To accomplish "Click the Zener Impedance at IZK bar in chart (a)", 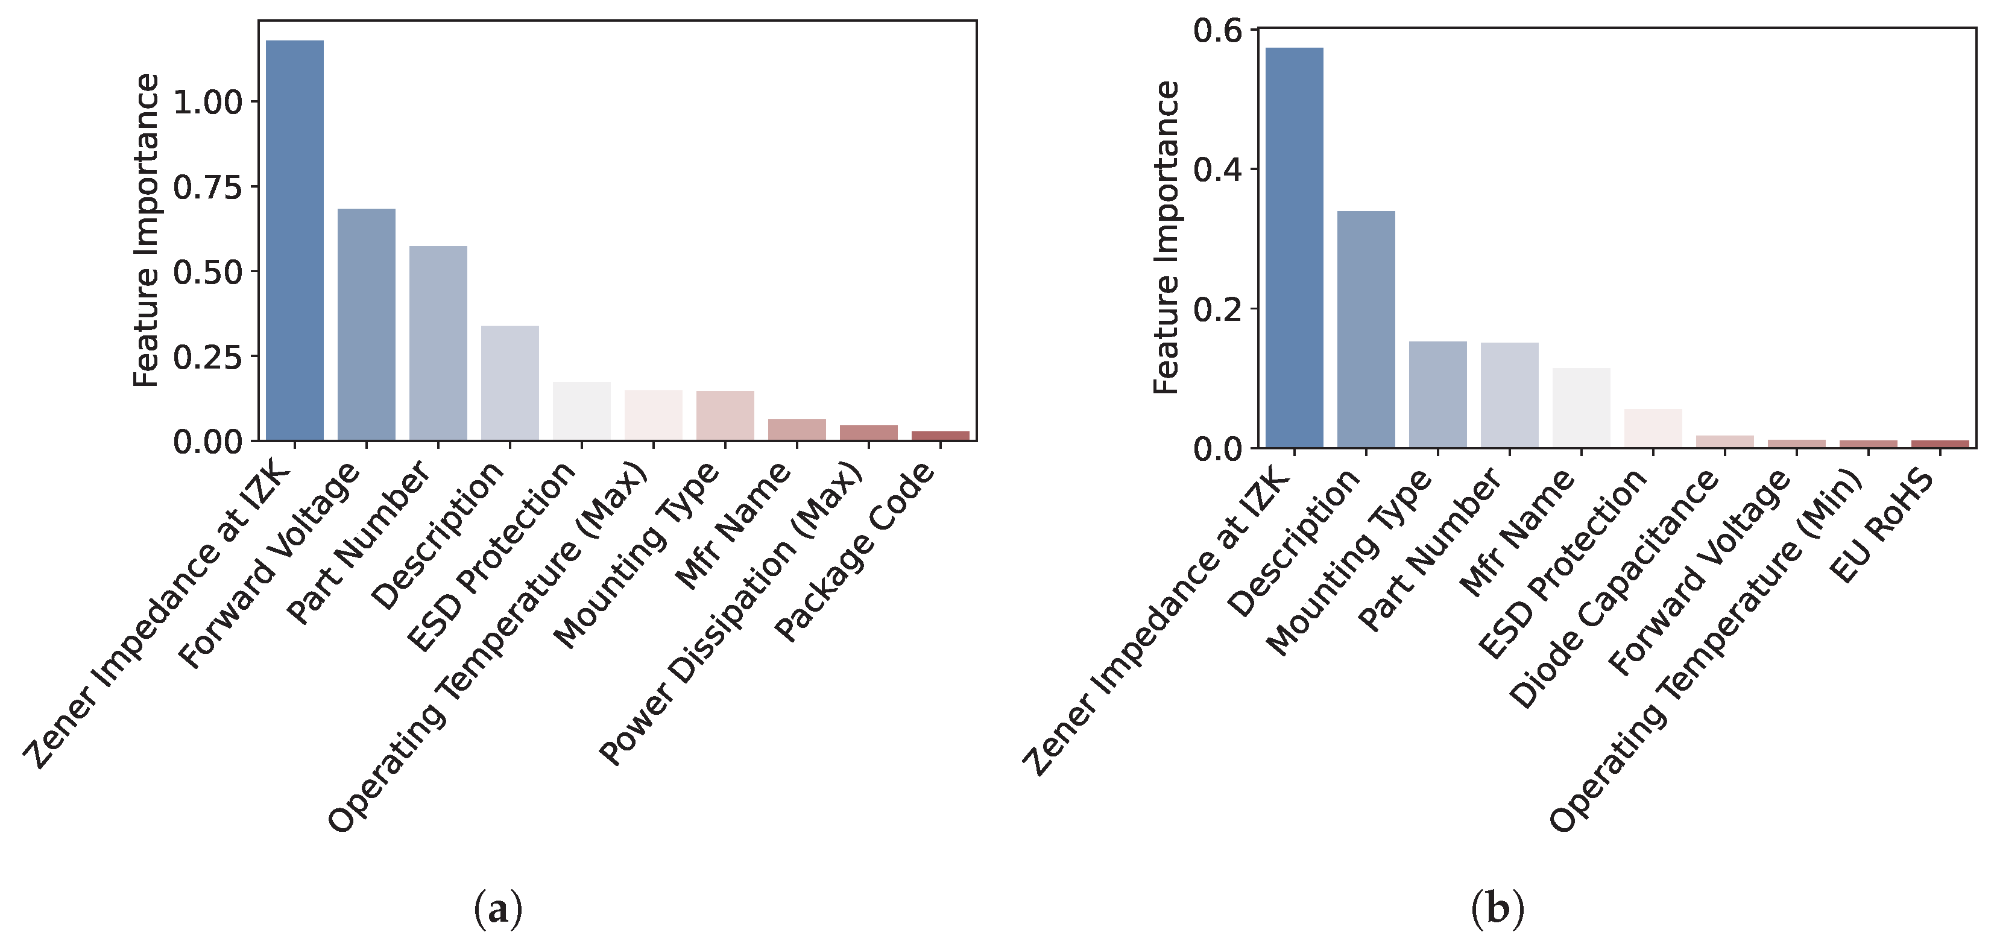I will click(295, 241).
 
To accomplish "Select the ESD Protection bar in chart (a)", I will click(581, 411).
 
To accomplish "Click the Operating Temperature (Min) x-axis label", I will click(1706, 651).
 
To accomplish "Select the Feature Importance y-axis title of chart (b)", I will click(1166, 238).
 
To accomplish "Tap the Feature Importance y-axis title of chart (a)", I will click(146, 230).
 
